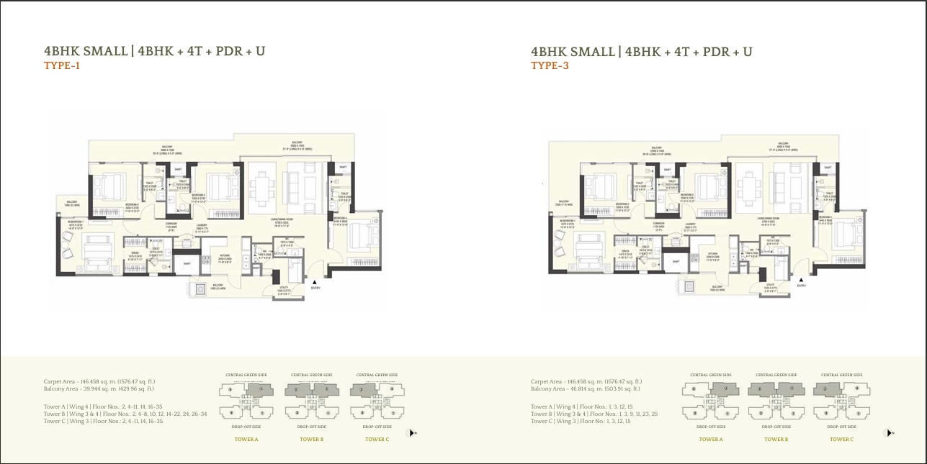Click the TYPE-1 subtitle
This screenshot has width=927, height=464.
[62, 66]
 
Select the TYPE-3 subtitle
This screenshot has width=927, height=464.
[549, 66]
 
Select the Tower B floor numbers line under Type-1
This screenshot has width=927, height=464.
[125, 414]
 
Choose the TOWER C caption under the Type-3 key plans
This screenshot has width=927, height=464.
[841, 439]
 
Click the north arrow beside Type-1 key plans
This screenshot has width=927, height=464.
[411, 433]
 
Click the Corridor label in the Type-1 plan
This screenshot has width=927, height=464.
[171, 225]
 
